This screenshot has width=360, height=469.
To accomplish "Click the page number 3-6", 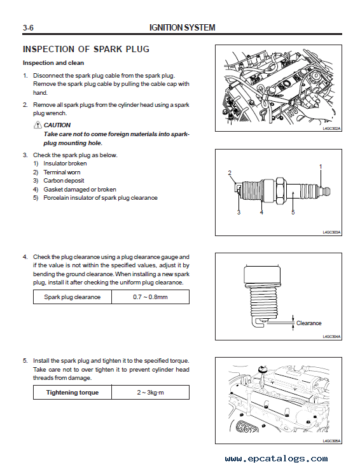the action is pos(28,28).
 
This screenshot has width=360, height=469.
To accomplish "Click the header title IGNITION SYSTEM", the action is pos(182,28).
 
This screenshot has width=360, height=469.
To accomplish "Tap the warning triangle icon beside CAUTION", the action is pos(38,125).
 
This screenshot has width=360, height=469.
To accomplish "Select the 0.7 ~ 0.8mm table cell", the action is pos(150,297).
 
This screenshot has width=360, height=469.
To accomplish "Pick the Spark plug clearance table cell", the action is pos(73,297).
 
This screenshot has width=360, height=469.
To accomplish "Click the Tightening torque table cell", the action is pos(73,393).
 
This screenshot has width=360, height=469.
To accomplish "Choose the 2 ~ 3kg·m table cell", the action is pos(150,393).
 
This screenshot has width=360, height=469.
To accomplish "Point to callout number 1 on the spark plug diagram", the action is pos(321,167).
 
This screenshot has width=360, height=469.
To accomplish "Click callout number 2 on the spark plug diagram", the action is pos(230,173).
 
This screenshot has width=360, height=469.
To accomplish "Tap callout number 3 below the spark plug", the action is pos(239,213).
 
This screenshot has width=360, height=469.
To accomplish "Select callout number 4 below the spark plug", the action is pos(261,213).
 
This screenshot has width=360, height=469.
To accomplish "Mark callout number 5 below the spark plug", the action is pos(293,213).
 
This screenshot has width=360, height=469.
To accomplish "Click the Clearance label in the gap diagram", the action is pos(309,323).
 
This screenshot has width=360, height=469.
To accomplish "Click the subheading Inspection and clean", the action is pos(53,63).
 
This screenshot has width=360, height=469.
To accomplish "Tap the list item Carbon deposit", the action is pos(64,181).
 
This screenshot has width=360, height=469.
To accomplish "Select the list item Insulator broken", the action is pos(65,164).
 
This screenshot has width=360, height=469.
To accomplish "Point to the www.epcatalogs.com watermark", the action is pos(276,459).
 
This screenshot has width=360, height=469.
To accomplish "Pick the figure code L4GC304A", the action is pos(331,337).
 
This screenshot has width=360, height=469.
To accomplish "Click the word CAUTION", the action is pos(57,125).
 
